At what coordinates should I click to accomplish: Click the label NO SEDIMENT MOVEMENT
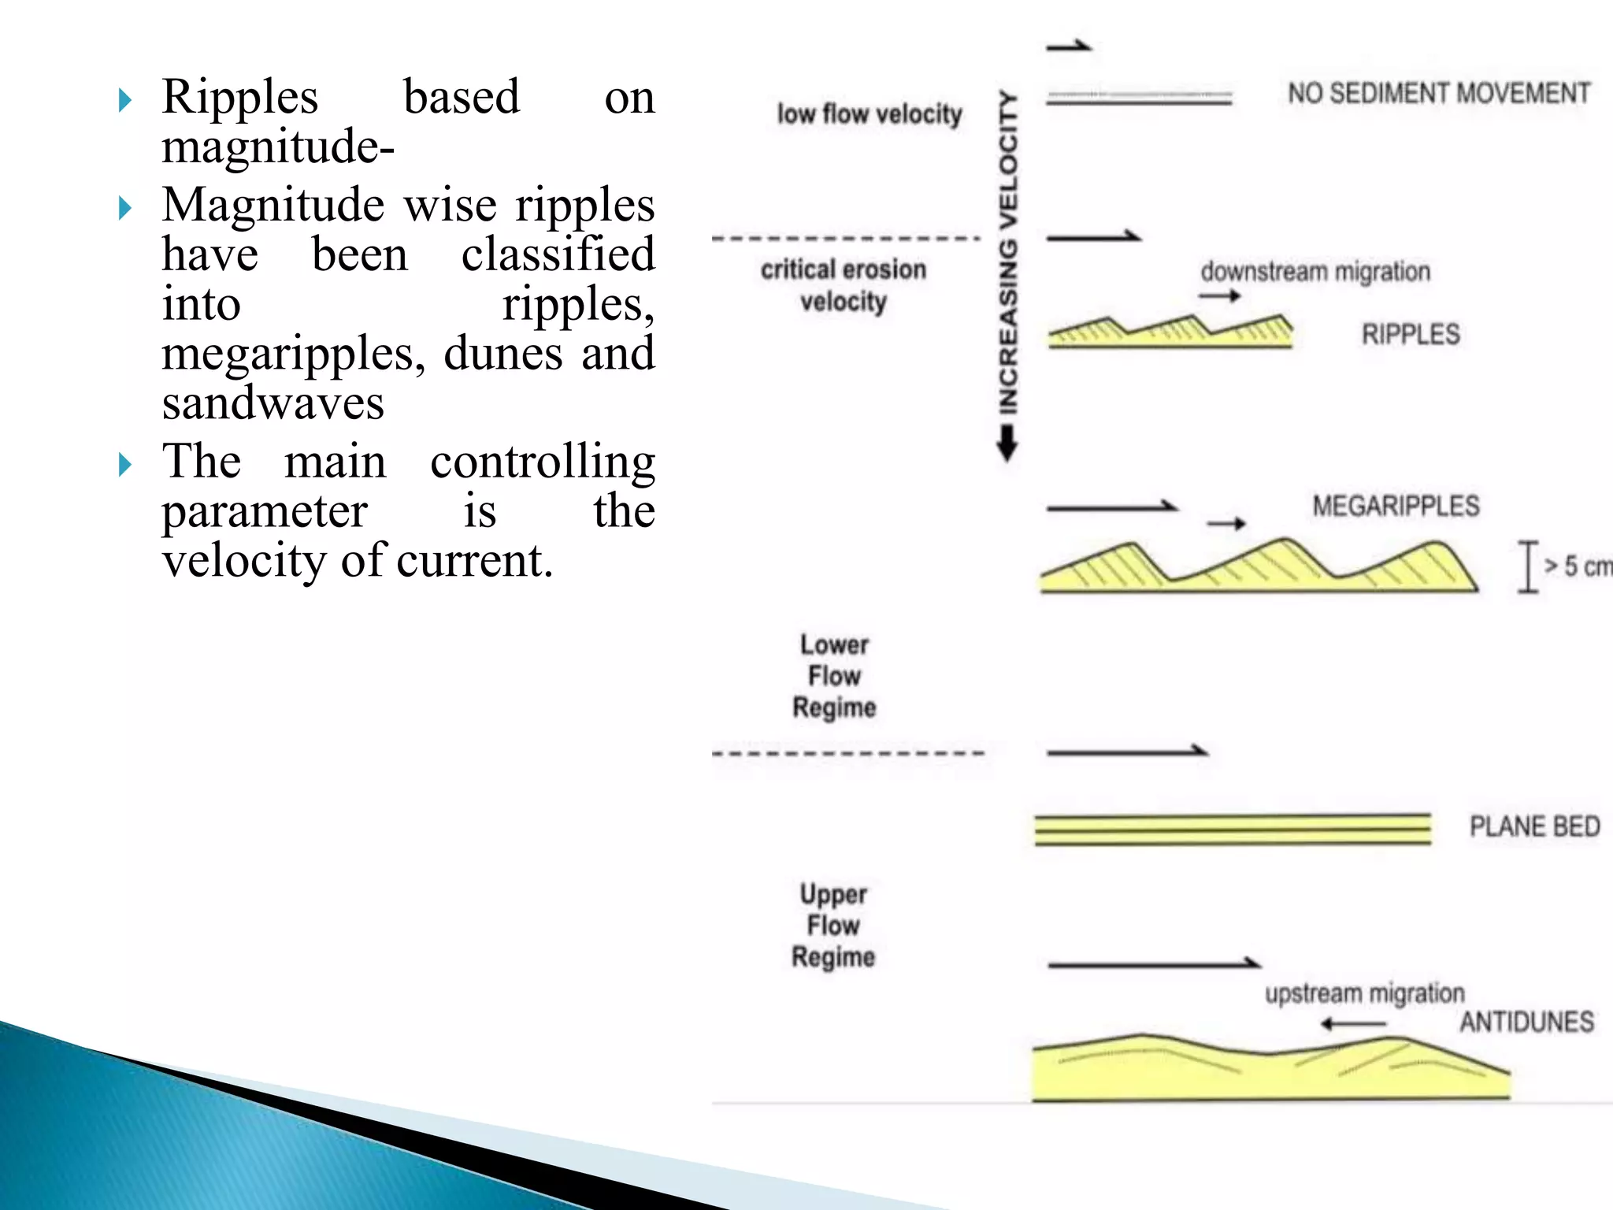(1438, 94)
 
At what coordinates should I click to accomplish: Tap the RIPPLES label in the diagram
(1411, 334)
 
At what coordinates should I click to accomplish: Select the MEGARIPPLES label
(1396, 506)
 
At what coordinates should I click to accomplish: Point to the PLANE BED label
(1534, 826)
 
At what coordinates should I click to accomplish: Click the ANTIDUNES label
(1526, 1022)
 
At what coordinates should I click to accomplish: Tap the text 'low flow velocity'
(870, 114)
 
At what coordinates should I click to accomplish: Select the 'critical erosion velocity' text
(844, 285)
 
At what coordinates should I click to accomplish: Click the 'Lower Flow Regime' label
(835, 676)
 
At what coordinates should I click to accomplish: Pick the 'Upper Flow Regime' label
(833, 926)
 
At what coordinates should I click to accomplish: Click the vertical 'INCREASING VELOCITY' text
(1008, 252)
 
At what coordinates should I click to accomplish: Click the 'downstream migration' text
(1315, 272)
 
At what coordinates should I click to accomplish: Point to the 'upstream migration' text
(1364, 993)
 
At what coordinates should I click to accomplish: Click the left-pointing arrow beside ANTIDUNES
(1352, 1024)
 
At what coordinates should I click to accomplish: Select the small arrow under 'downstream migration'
(1219, 296)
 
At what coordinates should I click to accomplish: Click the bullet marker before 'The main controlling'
(124, 465)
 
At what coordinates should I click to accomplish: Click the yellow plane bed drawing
(1232, 830)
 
